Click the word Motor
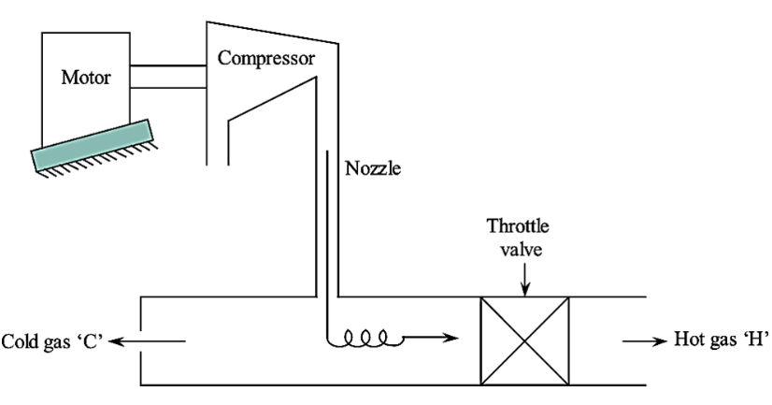(x=86, y=77)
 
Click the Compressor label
(x=266, y=58)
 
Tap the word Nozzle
(x=372, y=170)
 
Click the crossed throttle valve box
(x=524, y=340)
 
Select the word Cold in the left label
(x=21, y=341)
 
